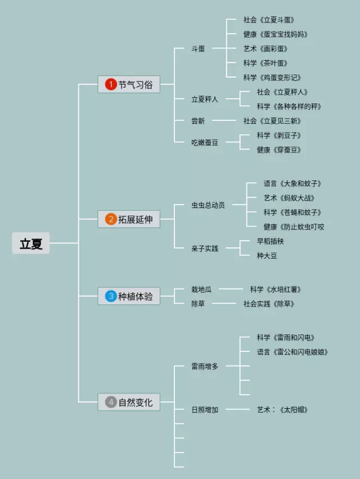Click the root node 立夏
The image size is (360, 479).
(31, 244)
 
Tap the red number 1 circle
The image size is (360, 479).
(110, 85)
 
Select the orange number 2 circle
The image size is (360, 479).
(110, 219)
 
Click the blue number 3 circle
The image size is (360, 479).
(110, 296)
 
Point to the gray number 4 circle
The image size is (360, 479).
(110, 402)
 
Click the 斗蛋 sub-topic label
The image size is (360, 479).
(198, 49)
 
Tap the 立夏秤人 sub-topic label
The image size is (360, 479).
(205, 100)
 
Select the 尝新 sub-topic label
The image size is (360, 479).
(198, 121)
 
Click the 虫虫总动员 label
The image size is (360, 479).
(208, 205)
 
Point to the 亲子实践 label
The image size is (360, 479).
(205, 248)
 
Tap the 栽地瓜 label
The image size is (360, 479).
(201, 290)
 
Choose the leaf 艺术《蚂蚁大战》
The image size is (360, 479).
(289, 198)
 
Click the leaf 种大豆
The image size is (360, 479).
(267, 256)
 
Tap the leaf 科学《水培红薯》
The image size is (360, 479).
(276, 290)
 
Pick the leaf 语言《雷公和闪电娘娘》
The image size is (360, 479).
(292, 352)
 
